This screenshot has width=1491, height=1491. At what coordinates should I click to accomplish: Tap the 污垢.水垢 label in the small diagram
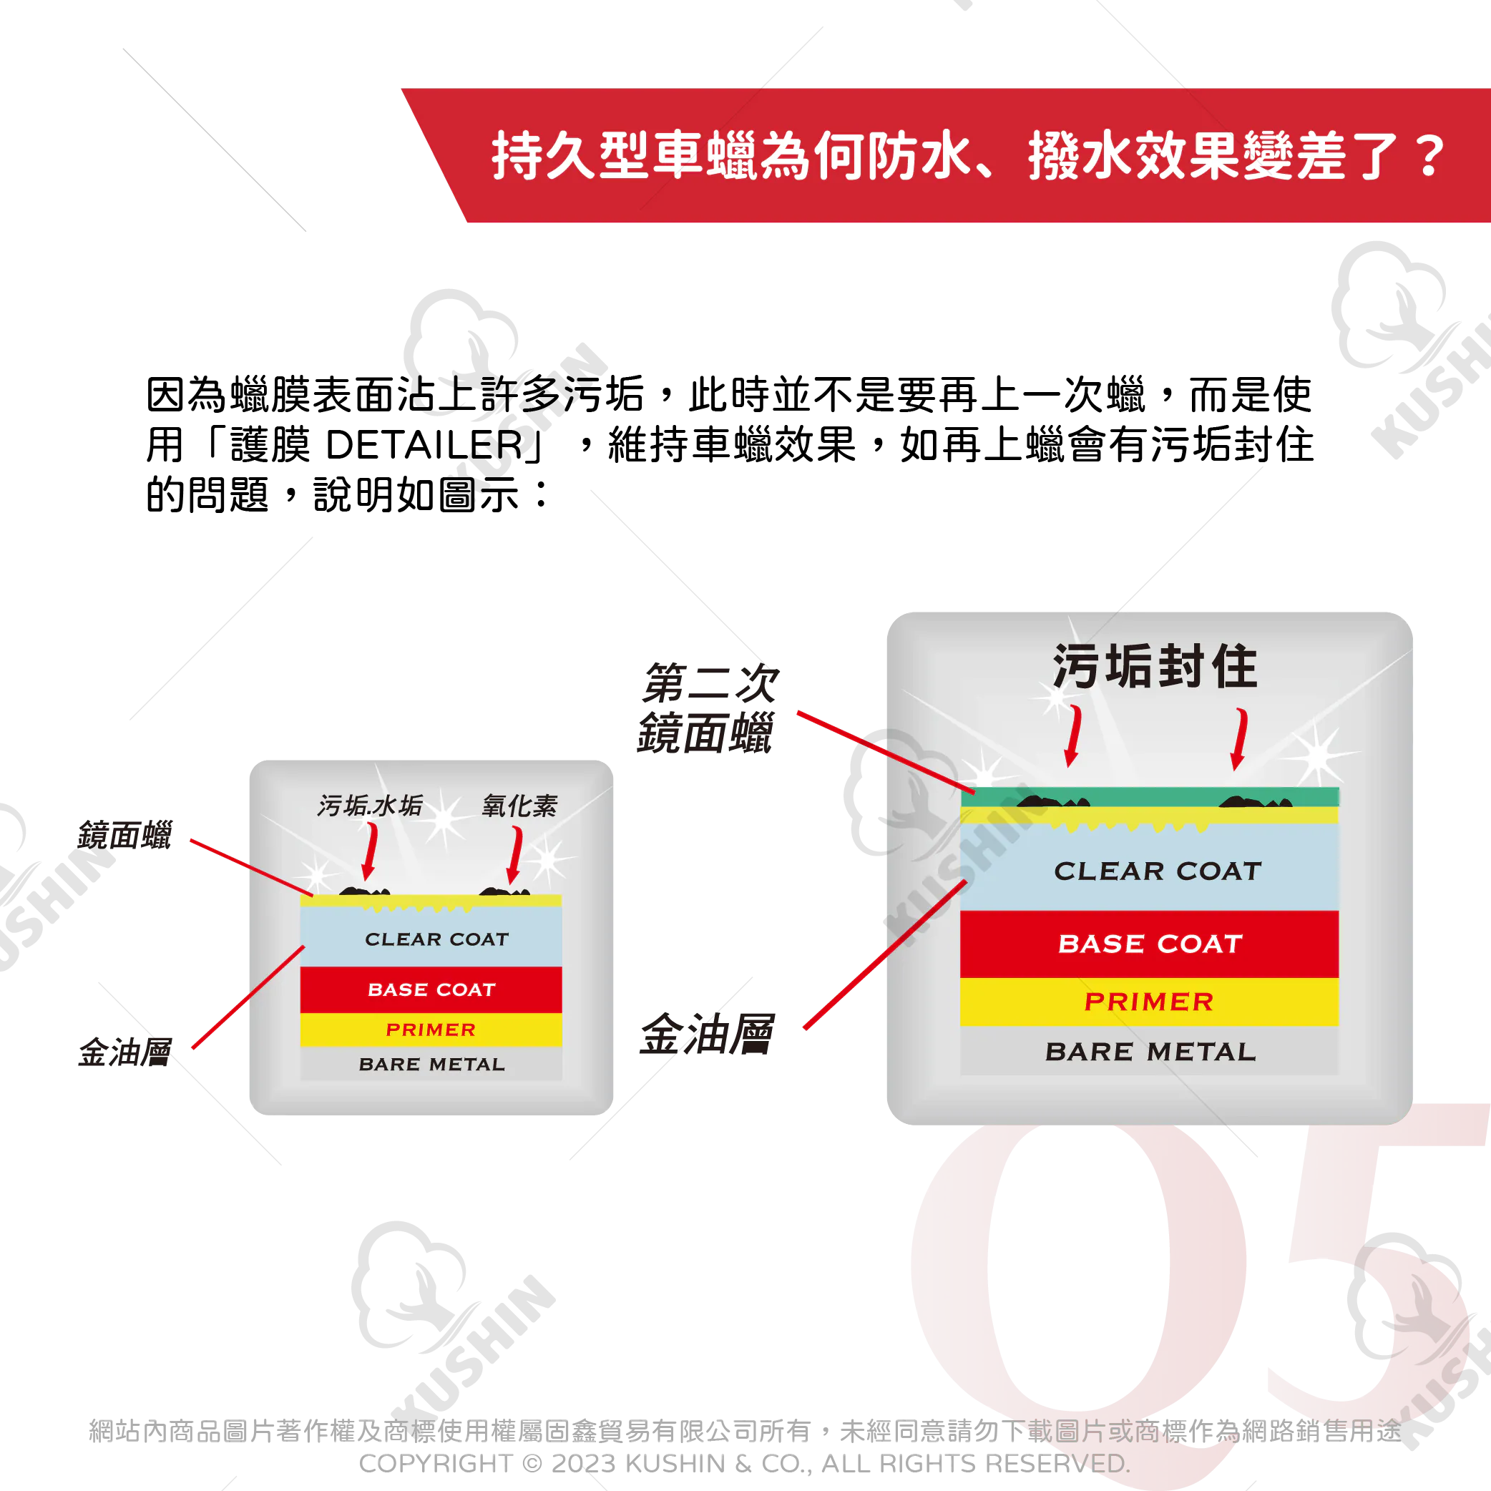click(371, 806)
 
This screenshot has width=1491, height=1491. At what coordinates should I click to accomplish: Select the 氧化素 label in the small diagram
click(519, 806)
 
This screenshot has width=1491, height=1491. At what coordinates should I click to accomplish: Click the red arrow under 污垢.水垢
click(371, 851)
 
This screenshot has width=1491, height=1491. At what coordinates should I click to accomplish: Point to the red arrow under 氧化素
click(514, 855)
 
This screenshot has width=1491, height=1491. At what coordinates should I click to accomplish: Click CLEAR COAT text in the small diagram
click(437, 939)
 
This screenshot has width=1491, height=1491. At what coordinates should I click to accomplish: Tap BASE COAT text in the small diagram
click(431, 989)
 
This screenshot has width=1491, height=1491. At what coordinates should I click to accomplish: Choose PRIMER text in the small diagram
click(431, 1030)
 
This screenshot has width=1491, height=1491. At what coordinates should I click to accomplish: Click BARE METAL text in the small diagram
click(432, 1064)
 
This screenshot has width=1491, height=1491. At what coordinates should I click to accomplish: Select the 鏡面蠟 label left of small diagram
click(125, 835)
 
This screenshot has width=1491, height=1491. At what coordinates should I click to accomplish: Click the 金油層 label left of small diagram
click(125, 1052)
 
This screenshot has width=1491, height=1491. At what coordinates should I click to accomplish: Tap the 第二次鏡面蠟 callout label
click(708, 708)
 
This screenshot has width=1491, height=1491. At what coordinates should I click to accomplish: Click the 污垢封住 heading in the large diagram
click(1155, 666)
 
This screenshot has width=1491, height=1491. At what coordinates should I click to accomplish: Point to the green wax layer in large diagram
click(1150, 797)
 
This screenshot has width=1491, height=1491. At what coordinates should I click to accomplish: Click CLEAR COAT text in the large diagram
click(1158, 871)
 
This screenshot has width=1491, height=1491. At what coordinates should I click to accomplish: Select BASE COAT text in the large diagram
click(1150, 944)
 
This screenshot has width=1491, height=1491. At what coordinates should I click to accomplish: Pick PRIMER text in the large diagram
click(1149, 1002)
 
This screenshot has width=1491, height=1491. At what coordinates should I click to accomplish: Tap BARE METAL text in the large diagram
click(1150, 1052)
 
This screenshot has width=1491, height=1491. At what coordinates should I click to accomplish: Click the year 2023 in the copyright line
click(585, 1463)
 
